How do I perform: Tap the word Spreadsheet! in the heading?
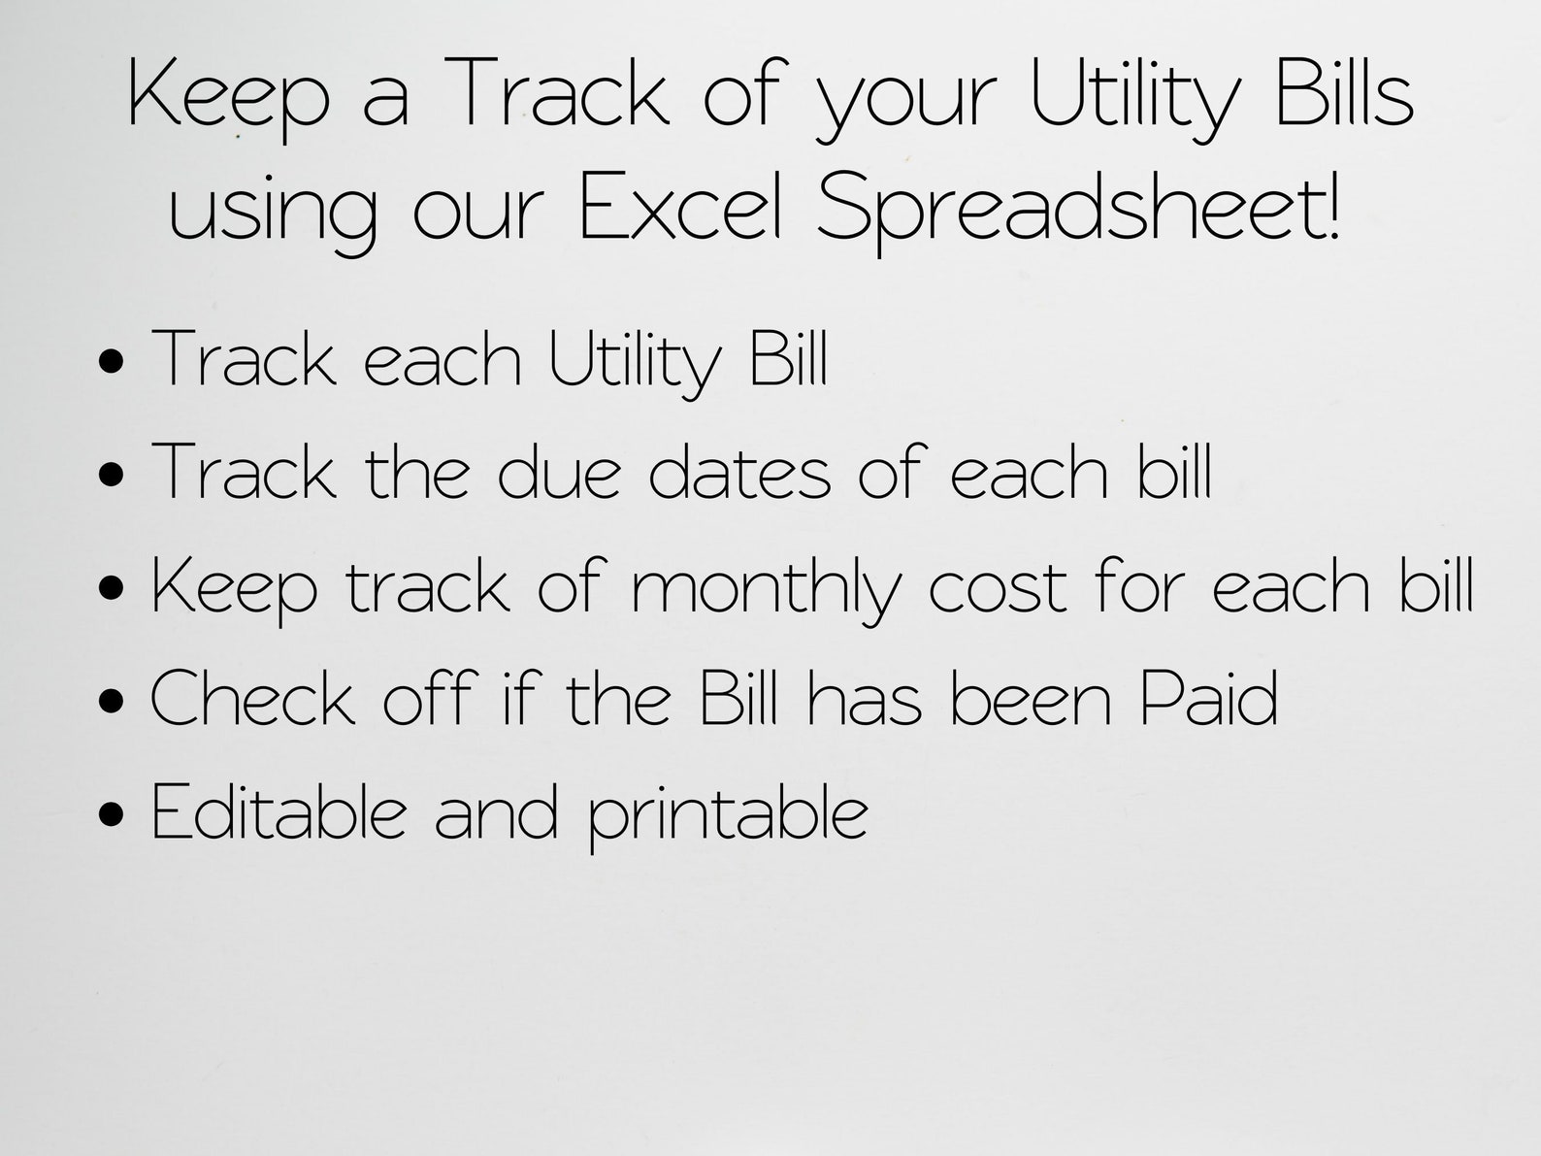pyautogui.click(x=1078, y=211)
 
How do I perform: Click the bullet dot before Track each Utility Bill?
pyautogui.click(x=112, y=361)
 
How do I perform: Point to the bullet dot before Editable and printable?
pyautogui.click(x=112, y=814)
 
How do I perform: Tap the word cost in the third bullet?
pyautogui.click(x=998, y=587)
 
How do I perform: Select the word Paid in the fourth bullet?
pyautogui.click(x=1208, y=698)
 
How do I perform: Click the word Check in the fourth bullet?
pyautogui.click(x=253, y=698)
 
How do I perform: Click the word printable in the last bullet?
pyautogui.click(x=728, y=816)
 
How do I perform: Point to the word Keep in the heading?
pyautogui.click(x=229, y=98)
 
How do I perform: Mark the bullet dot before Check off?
pyautogui.click(x=112, y=701)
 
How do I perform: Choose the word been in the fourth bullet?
pyautogui.click(x=1032, y=698)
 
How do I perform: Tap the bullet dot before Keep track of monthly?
pyautogui.click(x=112, y=588)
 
